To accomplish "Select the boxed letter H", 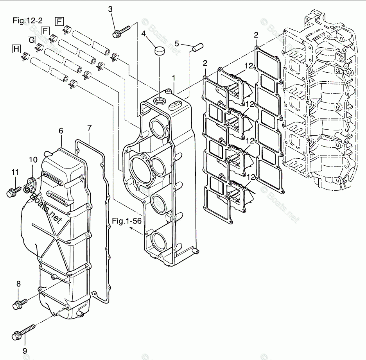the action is pos(16,49).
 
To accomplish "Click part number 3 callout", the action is pos(111,8).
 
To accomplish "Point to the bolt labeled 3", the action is pos(122,31).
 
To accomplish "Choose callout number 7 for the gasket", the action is pos(89,127).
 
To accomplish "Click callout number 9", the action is pos(25,350).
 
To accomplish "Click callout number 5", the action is pos(177,43).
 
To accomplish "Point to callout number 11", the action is pos(15,172).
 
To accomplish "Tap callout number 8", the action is pos(19,283).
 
